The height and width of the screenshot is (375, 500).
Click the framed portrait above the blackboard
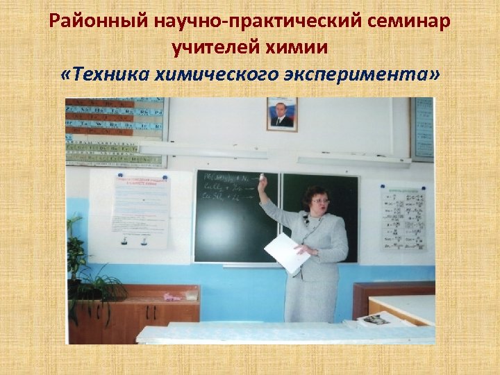(x=281, y=115)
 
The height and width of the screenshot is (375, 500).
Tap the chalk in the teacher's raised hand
(x=262, y=176)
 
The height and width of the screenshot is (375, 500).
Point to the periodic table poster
(x=116, y=132)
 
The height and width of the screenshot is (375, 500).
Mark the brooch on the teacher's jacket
(x=306, y=222)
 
